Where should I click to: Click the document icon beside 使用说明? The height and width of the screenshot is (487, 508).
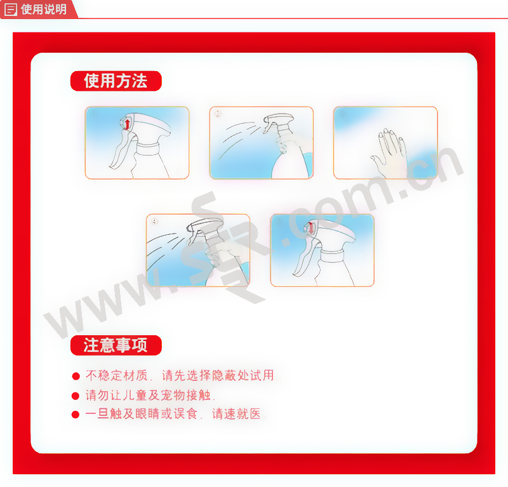(10, 10)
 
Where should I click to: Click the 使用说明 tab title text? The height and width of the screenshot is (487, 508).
(44, 9)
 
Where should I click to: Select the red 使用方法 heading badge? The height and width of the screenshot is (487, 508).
(116, 81)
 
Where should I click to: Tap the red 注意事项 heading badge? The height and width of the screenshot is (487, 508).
(116, 345)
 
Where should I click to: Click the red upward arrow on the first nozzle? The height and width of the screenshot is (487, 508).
(128, 124)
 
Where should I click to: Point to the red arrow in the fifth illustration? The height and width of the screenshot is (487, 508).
(311, 228)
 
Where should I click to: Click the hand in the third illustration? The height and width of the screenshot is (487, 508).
(389, 152)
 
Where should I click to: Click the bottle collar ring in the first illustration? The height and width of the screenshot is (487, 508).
(148, 149)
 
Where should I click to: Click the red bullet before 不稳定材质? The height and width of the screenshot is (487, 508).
(76, 376)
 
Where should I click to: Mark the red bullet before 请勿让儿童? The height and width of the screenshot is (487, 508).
(76, 396)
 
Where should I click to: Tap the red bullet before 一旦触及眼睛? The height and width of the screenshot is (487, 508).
(76, 415)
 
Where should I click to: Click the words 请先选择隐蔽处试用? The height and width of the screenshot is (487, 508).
(218, 375)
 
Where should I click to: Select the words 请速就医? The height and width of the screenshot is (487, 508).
(236, 414)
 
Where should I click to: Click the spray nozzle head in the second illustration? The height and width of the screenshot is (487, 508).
(278, 122)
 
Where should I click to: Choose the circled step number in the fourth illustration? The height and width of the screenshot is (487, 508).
(155, 222)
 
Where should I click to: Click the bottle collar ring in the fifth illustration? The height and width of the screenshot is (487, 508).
(331, 256)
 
